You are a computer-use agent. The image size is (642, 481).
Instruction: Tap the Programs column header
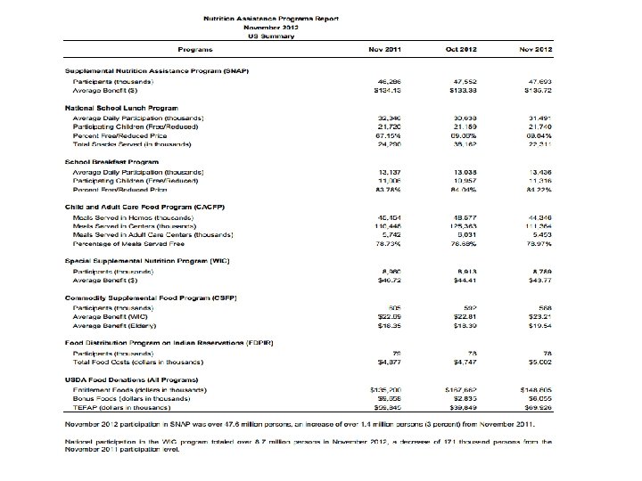[x=194, y=48]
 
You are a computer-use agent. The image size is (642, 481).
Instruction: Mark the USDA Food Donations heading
[x=129, y=379]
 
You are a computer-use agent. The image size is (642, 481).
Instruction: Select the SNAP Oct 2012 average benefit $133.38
[x=462, y=89]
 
